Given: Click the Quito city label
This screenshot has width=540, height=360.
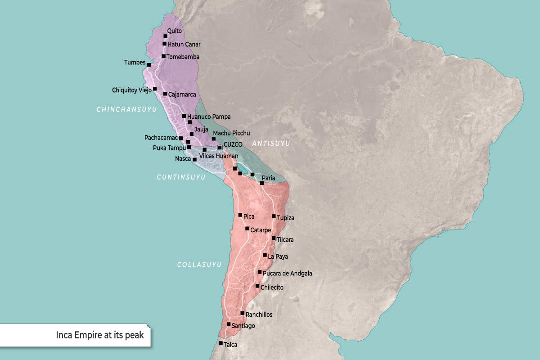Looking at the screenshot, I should tap(174, 31).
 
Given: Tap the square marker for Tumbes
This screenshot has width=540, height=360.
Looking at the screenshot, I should tap(149, 65).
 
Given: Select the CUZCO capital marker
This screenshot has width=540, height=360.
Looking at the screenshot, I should tap(220, 148).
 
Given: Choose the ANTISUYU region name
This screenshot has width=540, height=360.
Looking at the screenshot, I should tap(271, 143).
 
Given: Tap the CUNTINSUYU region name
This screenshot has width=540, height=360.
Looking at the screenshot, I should tap(181, 177).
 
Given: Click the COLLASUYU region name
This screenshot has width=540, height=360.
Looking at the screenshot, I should tap(199, 265).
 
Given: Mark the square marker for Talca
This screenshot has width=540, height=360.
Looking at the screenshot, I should tap(220, 343).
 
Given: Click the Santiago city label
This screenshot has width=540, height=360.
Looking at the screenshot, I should tap(243, 325).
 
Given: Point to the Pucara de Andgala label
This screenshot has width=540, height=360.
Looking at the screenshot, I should tap(287, 273).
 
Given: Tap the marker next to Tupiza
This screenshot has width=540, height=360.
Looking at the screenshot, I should tap(274, 216).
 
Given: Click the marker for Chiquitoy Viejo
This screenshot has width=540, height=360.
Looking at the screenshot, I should tap(155, 89).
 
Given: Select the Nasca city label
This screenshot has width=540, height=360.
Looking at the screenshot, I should tap(183, 159).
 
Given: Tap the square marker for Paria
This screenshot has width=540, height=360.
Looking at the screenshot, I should tap(262, 183).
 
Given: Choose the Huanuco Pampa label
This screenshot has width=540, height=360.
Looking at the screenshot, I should tap(209, 117).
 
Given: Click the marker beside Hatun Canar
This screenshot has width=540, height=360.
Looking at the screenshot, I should tap(165, 44).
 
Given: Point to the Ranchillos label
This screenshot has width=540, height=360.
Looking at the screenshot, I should tap(259, 315).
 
